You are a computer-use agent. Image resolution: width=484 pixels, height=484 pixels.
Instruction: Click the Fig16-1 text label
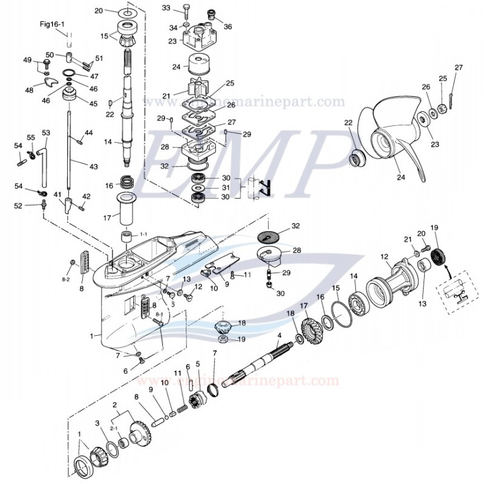point(56,24)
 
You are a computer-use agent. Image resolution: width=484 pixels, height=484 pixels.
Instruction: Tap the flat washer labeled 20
point(129,11)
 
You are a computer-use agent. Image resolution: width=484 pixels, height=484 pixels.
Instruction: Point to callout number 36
point(227,26)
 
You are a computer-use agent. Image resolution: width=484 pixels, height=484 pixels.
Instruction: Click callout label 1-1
point(143,234)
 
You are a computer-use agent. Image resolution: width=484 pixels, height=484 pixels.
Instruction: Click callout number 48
point(29,90)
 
